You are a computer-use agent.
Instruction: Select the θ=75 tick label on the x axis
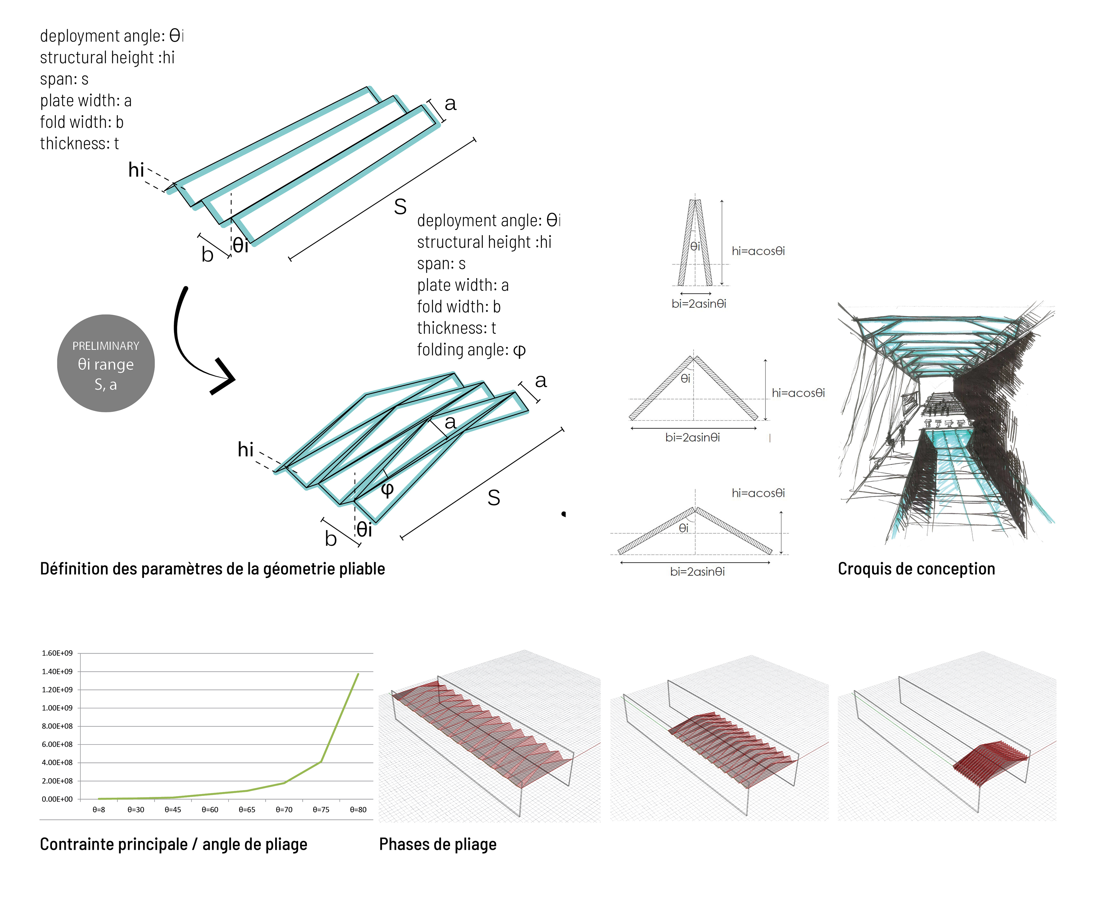[321, 809]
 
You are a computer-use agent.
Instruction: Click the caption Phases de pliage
[438, 844]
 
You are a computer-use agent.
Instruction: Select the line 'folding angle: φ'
[471, 350]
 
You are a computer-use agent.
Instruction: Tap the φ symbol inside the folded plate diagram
[387, 489]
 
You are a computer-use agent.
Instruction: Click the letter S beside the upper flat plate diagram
[400, 207]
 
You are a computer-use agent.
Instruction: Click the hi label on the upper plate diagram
[136, 170]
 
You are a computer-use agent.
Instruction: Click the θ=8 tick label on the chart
[99, 809]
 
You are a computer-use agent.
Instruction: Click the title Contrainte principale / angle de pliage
[173, 844]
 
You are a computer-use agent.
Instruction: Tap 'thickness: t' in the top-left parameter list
[79, 144]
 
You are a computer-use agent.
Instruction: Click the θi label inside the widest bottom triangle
[683, 528]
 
